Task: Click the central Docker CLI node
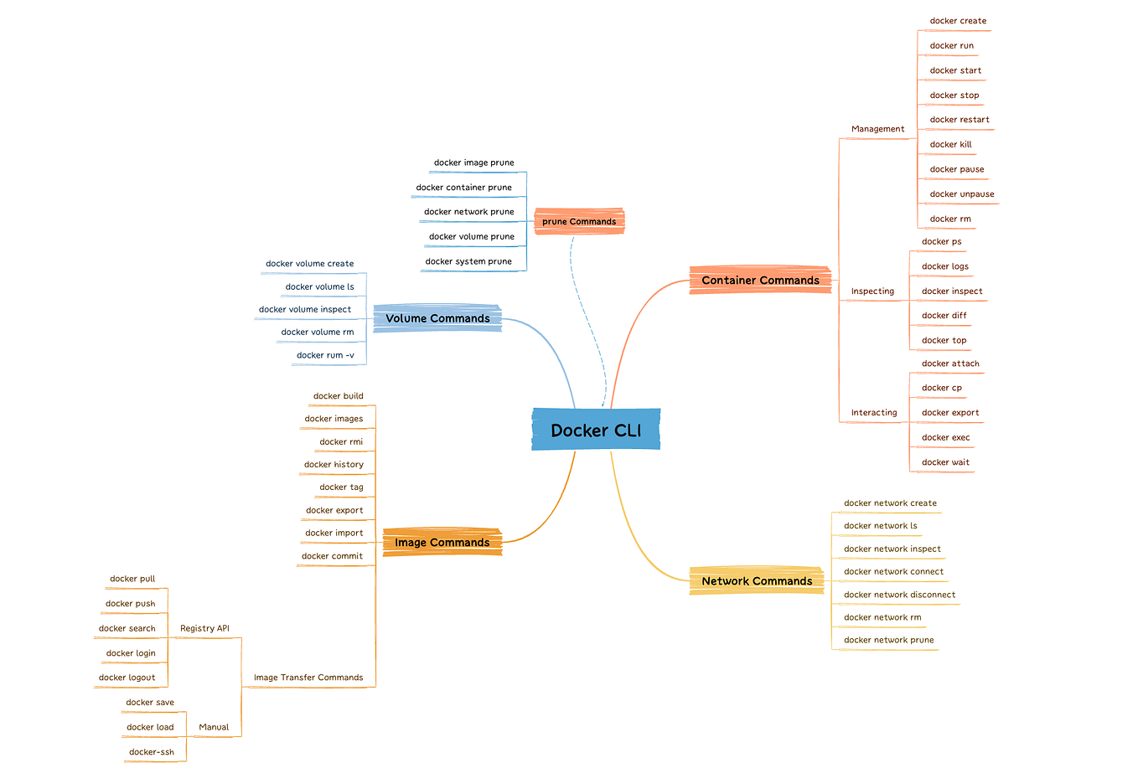point(596,430)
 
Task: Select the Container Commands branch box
point(760,281)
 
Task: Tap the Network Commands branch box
point(757,580)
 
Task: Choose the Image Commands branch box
point(442,542)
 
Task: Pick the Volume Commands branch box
point(437,318)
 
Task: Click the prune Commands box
point(579,221)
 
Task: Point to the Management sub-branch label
point(877,129)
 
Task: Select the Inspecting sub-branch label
point(872,291)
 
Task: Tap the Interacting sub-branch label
point(874,413)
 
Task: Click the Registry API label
point(204,628)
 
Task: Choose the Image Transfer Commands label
point(308,678)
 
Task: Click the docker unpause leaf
point(962,194)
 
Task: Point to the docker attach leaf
point(950,363)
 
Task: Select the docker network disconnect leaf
point(899,595)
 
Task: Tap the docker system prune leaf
point(468,261)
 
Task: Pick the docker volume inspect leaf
point(305,309)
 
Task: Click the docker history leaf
point(334,465)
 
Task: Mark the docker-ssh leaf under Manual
point(152,752)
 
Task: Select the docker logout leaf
point(127,678)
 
